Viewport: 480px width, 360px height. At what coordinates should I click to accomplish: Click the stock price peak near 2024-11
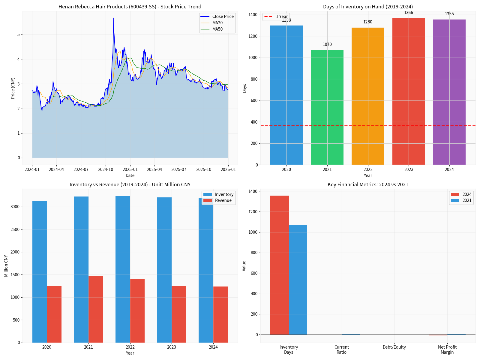point(113,18)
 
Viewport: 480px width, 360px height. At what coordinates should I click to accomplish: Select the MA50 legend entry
point(217,29)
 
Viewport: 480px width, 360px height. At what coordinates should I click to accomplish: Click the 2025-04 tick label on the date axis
point(154,169)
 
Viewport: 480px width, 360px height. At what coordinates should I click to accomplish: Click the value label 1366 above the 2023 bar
point(408,13)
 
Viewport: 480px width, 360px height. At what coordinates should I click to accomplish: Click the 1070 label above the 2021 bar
point(327,44)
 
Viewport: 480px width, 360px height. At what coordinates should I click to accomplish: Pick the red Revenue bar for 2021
point(96,309)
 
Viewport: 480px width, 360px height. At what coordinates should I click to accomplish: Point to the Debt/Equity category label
point(394,347)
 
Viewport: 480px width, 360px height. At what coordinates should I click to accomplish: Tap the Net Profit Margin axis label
point(447,349)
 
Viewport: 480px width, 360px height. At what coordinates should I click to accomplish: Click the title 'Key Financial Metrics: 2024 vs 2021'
point(368,184)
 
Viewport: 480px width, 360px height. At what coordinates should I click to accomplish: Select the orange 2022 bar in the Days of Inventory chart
point(368,96)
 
